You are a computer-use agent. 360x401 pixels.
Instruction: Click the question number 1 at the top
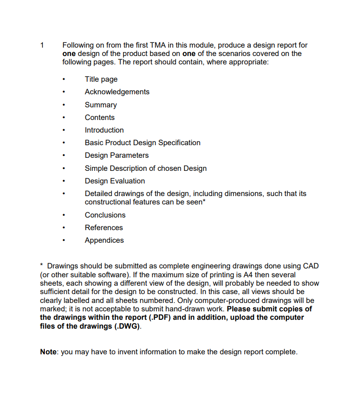(42, 45)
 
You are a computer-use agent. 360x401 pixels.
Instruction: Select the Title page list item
(101, 79)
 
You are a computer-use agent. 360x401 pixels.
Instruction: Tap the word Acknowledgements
(117, 92)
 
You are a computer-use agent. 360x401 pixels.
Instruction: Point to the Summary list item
(100, 105)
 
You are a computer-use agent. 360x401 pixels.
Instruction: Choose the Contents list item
(99, 118)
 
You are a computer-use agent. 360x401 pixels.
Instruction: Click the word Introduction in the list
(104, 130)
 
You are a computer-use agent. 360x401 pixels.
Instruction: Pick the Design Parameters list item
(117, 155)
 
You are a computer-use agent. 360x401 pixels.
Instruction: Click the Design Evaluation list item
(115, 181)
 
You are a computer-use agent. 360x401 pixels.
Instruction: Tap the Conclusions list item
(105, 215)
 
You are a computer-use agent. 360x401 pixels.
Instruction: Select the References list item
(104, 228)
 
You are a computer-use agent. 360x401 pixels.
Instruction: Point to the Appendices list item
(104, 240)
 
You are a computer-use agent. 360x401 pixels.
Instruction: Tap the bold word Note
(48, 352)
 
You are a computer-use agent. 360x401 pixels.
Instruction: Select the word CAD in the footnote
(311, 266)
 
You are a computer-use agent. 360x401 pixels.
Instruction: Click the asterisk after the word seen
(204, 201)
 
